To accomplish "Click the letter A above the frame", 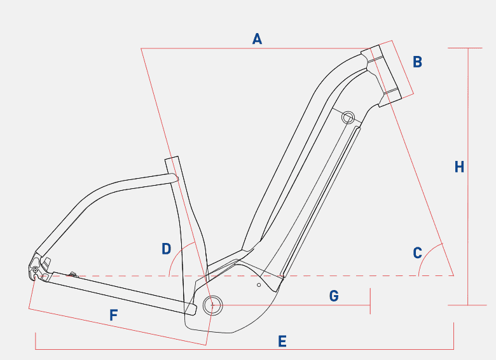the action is (x=257, y=39).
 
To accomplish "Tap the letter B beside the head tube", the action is (x=417, y=62).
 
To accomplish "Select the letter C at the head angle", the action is (x=417, y=253).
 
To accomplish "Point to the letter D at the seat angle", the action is (x=167, y=249).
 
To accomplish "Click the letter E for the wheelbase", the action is (x=282, y=342).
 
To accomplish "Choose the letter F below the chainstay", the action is (x=114, y=315).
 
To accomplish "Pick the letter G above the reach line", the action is (x=334, y=296).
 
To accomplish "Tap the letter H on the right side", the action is (x=459, y=167).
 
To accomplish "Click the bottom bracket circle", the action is (x=212, y=305).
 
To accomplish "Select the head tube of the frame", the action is (x=382, y=76).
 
